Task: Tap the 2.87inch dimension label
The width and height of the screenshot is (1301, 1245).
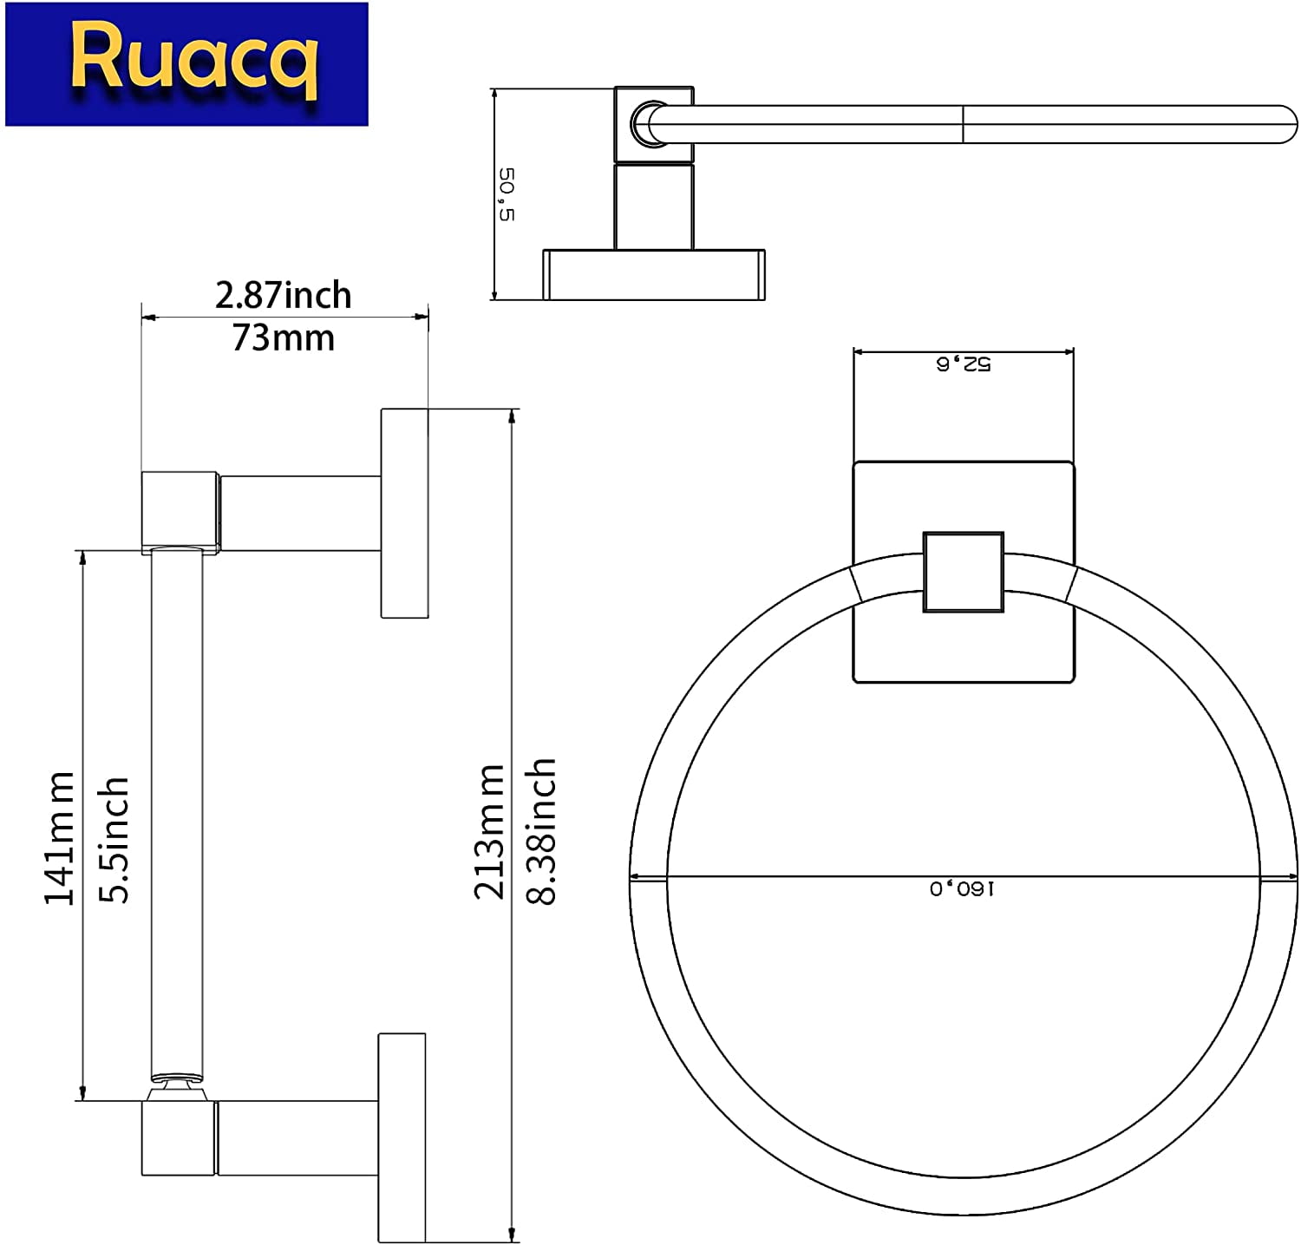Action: click(284, 296)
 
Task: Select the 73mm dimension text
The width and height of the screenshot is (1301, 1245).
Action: click(284, 337)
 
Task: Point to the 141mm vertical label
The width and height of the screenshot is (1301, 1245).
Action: click(59, 838)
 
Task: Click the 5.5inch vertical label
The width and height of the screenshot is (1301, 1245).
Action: click(113, 840)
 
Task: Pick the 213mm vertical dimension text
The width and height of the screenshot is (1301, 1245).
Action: click(489, 831)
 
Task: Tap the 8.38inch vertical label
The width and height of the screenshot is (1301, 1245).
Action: click(541, 831)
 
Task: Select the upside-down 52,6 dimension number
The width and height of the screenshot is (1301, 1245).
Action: click(963, 364)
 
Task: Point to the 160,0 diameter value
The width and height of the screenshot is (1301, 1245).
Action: click(963, 888)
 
